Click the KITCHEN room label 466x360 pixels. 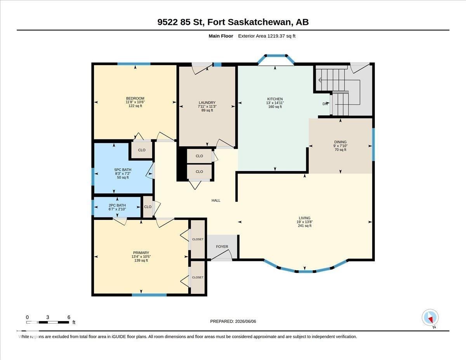coord(275,99)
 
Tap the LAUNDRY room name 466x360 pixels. coord(207,103)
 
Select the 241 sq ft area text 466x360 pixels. coord(304,226)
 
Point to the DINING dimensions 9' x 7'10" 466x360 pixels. coord(340,146)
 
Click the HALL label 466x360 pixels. coord(216,200)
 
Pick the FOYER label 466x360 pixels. coord(222,247)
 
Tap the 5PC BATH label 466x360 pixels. coord(123,170)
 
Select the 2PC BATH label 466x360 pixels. coord(117,205)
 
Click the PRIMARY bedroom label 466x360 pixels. coord(141,252)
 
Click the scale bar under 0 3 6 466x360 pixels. coord(48,322)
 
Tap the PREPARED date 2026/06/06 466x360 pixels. coord(233,321)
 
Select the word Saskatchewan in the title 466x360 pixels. coord(260,22)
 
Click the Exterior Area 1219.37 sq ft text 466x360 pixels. coord(266,36)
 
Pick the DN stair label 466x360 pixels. coord(325,104)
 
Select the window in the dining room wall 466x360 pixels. coord(373,144)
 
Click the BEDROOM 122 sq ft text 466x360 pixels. coord(135,106)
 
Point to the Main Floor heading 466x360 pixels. coord(221,36)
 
